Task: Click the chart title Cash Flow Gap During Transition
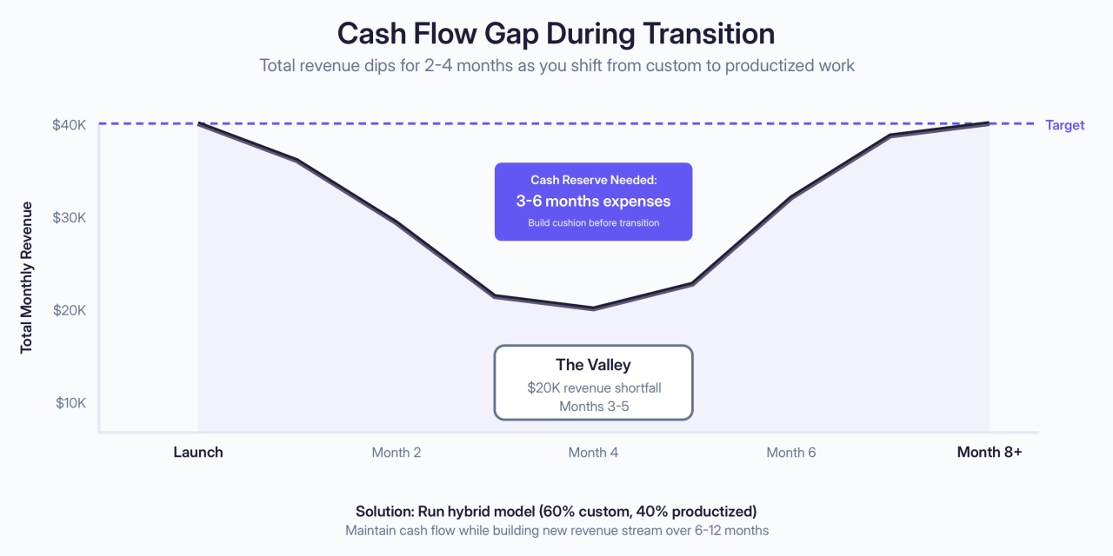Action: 556,33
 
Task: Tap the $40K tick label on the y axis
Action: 70,124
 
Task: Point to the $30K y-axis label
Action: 70,217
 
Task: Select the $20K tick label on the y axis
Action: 70,310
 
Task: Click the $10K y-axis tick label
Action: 70,403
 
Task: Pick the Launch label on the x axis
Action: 198,452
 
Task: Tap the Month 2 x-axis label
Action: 397,452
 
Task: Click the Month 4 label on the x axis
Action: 593,452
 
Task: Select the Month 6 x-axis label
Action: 791,452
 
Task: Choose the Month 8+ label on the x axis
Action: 989,452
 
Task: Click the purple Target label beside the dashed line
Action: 1064,125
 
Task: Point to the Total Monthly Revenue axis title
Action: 27,277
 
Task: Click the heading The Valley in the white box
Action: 592,365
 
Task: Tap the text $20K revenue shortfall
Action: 593,387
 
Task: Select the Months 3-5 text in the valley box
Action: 593,407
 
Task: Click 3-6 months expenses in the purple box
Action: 593,201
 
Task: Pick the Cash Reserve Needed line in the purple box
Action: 593,180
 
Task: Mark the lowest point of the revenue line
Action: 593,308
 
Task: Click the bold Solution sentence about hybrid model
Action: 556,511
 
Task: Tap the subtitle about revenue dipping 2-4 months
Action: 556,65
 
